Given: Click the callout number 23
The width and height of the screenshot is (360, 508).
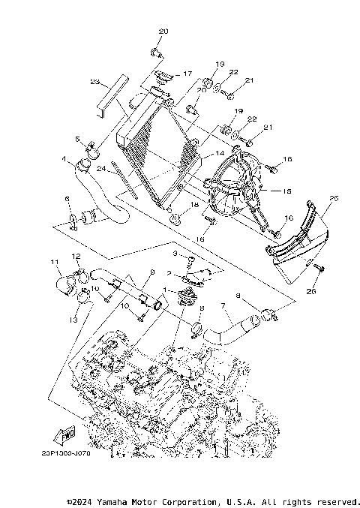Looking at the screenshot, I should (x=95, y=82).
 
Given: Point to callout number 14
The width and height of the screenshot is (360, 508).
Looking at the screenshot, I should (x=220, y=153).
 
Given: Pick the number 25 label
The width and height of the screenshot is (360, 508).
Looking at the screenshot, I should (x=334, y=198).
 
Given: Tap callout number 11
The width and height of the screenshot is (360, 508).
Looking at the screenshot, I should (x=54, y=262).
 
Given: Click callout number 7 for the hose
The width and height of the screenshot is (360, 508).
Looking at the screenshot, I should (x=222, y=306).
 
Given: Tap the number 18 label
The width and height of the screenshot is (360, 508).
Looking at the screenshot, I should (x=195, y=204).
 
